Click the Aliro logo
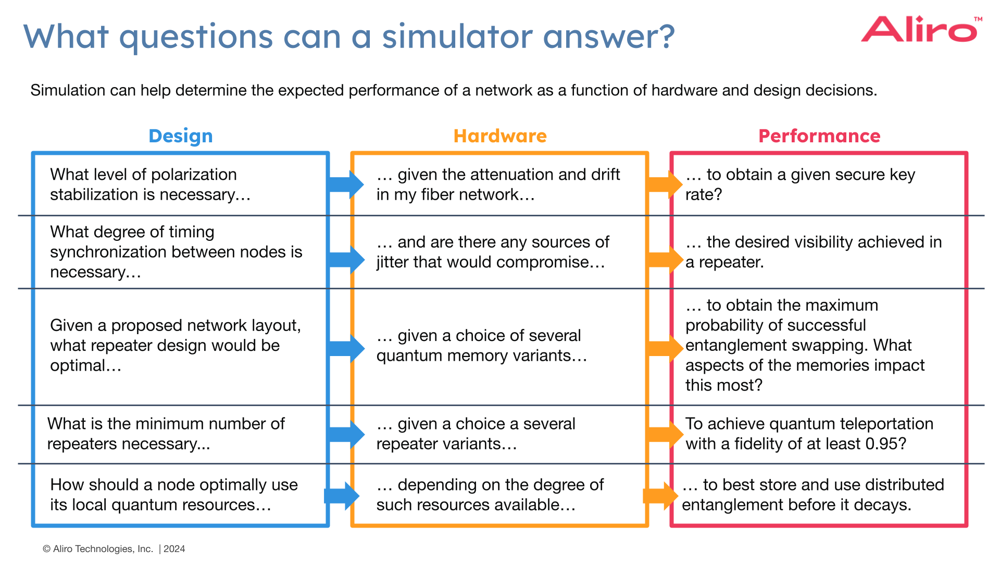[x=920, y=30]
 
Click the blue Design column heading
[x=181, y=136]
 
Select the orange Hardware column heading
[x=500, y=136]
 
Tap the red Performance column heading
[x=819, y=136]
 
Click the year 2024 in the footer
[x=174, y=549]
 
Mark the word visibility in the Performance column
[x=820, y=242]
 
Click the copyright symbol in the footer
[x=46, y=549]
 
